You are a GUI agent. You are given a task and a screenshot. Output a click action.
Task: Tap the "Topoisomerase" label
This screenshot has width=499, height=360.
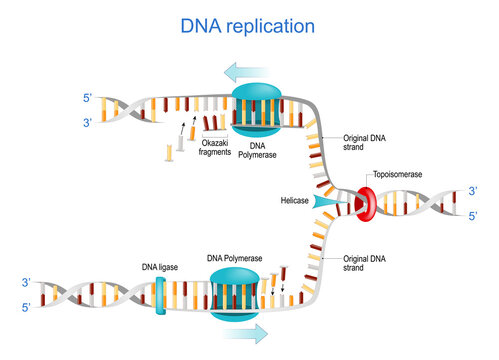tap(398, 174)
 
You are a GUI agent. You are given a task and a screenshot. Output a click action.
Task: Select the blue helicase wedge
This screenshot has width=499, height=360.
tap(329, 203)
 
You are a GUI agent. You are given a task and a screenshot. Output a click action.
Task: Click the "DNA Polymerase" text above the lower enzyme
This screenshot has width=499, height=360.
tap(235, 259)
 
